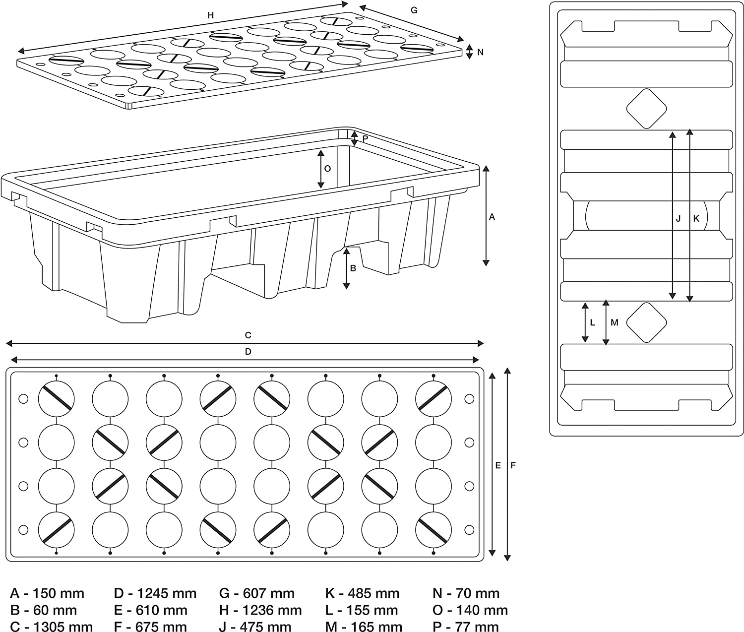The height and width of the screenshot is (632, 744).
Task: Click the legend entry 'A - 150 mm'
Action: [47, 593]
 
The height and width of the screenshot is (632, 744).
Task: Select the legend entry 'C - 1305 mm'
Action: [52, 627]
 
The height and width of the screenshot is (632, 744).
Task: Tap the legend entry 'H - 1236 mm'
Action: [260, 610]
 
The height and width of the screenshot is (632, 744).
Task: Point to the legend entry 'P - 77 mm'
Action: [465, 627]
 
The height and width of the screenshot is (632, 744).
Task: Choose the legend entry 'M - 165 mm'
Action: [364, 627]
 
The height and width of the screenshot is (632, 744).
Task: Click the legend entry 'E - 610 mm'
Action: [151, 610]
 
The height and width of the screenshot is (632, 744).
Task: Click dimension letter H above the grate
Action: [211, 15]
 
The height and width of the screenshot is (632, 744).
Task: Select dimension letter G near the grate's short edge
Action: [414, 10]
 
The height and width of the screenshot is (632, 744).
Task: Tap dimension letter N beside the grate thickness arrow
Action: [480, 52]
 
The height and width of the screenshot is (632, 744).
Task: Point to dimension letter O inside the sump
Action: [327, 169]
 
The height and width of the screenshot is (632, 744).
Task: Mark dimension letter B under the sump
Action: [353, 268]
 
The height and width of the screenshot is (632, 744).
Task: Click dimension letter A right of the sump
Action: [492, 217]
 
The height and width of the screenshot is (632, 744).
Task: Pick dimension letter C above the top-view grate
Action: [248, 335]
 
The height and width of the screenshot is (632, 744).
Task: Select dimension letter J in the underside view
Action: [678, 218]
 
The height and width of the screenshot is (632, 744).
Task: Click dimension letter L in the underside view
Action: [592, 322]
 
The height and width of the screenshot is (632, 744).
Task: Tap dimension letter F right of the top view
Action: [513, 465]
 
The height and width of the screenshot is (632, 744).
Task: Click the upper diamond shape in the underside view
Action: [646, 108]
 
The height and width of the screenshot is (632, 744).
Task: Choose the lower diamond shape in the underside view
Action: [646, 322]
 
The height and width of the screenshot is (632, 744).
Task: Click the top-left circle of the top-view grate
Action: [56, 398]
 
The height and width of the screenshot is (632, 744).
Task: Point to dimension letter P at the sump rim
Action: [365, 139]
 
